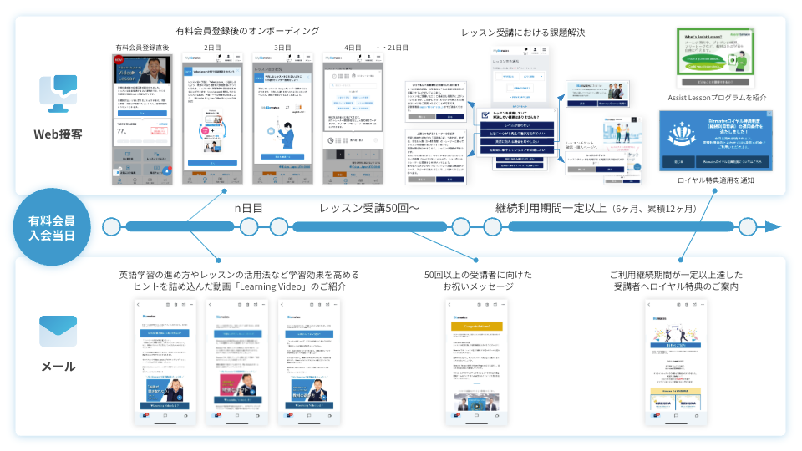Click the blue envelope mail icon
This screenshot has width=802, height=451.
(57, 331)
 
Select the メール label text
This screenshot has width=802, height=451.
(57, 367)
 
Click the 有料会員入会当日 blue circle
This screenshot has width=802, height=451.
(57, 227)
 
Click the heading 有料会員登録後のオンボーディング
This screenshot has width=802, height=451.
(248, 31)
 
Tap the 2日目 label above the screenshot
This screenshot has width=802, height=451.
(213, 48)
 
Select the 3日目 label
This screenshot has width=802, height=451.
(283, 48)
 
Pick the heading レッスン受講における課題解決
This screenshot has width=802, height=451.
(523, 33)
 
